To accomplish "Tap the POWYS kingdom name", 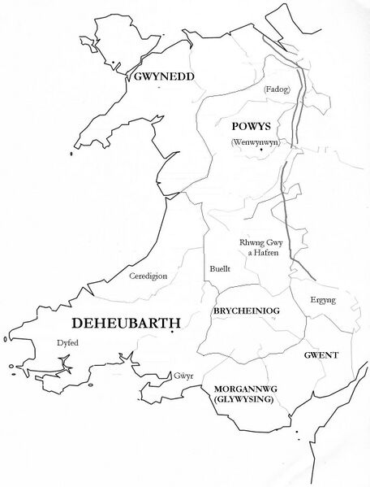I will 252,127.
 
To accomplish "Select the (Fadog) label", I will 276,89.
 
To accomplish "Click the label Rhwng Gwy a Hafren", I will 259,247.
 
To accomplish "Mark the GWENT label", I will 321,355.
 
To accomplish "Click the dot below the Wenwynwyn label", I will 260,152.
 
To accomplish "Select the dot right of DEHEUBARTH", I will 173,332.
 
